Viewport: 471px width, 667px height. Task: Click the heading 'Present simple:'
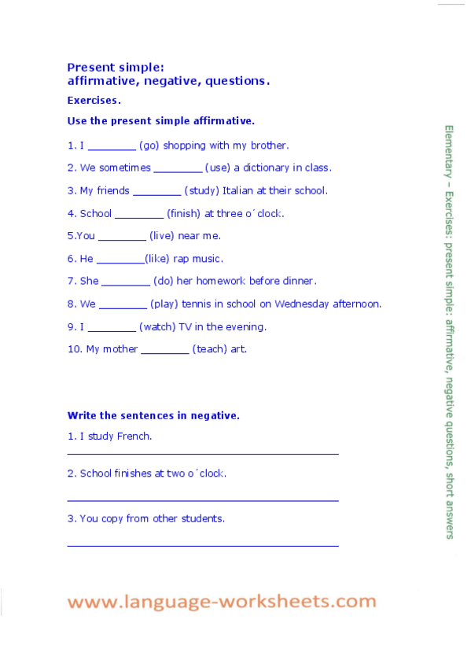click(116, 68)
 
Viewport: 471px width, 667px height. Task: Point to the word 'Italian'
click(237, 190)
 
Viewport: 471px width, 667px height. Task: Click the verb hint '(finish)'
click(184, 213)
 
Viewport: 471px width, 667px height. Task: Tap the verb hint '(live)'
click(162, 236)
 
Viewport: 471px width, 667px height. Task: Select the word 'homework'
click(226, 281)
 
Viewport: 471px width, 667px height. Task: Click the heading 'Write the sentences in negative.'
click(153, 415)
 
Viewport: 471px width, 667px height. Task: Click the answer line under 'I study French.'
click(203, 454)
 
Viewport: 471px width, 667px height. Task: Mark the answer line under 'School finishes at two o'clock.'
click(203, 499)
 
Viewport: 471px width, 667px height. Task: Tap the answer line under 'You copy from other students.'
click(203, 544)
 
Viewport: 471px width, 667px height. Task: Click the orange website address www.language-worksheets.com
click(222, 602)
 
